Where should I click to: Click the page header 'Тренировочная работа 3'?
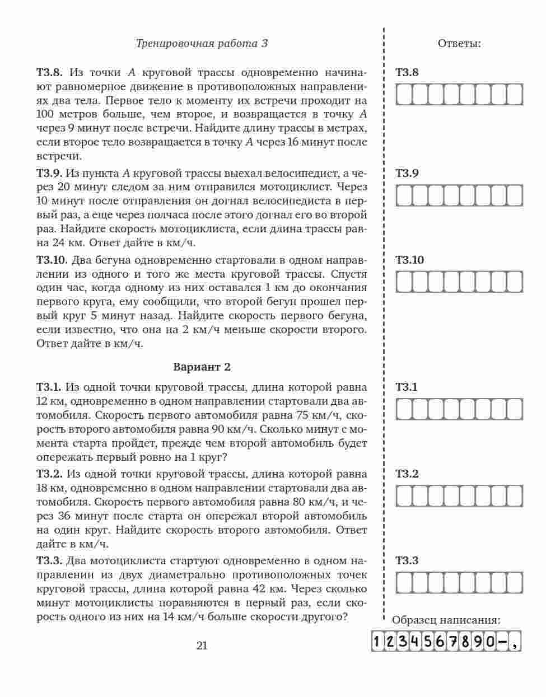(x=202, y=43)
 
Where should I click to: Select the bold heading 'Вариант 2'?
(x=202, y=367)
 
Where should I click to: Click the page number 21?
(x=202, y=645)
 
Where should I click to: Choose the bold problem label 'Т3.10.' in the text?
(x=53, y=260)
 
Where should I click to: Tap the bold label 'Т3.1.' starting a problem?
(x=49, y=387)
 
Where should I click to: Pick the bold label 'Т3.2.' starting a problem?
(x=50, y=474)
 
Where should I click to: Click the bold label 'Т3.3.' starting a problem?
(x=50, y=560)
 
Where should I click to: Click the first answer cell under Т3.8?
(x=404, y=94)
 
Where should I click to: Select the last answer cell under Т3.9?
(x=514, y=195)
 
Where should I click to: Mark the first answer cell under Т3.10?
(x=404, y=282)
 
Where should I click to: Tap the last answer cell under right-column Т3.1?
(x=514, y=409)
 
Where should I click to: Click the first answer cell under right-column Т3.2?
(x=404, y=496)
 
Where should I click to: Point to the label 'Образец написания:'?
(x=446, y=620)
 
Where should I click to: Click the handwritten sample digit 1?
(x=378, y=642)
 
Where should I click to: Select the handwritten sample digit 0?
(x=490, y=642)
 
